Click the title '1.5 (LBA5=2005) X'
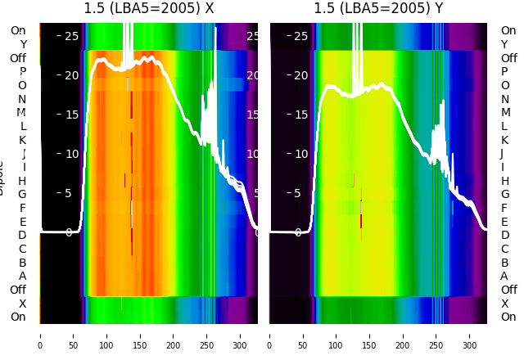[x=148, y=9]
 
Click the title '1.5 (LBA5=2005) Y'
[x=378, y=9]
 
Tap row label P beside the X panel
[x=22, y=72]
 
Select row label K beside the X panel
[x=22, y=140]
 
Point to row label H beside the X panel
[x=22, y=181]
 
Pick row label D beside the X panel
[x=22, y=236]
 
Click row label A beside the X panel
[x=22, y=277]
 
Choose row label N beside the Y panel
[x=504, y=99]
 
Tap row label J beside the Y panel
[x=502, y=154]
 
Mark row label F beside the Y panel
[x=504, y=208]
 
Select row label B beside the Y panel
[x=504, y=263]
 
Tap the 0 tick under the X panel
[x=40, y=335]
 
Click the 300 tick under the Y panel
[x=470, y=335]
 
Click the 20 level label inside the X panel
[x=71, y=75]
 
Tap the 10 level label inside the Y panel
[x=301, y=154]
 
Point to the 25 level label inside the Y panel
[x=301, y=36]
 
